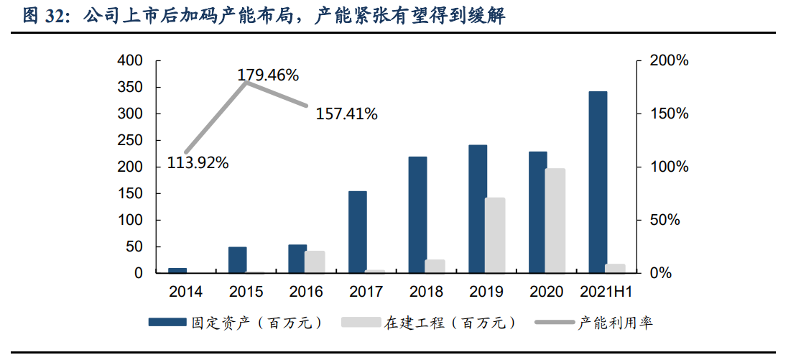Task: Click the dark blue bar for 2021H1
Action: [598, 183]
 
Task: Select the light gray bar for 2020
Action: [555, 221]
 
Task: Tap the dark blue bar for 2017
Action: [358, 232]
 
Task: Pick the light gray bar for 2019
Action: [494, 236]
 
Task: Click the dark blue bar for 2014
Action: [177, 270]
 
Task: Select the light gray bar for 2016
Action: [314, 262]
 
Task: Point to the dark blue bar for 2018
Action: [417, 215]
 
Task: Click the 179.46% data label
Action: [268, 75]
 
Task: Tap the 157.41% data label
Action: [346, 114]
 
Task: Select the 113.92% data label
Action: [198, 163]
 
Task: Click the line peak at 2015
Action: [246, 83]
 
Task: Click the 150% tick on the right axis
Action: [669, 114]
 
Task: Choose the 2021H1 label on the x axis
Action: [605, 292]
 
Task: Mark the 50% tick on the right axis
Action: [665, 221]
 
